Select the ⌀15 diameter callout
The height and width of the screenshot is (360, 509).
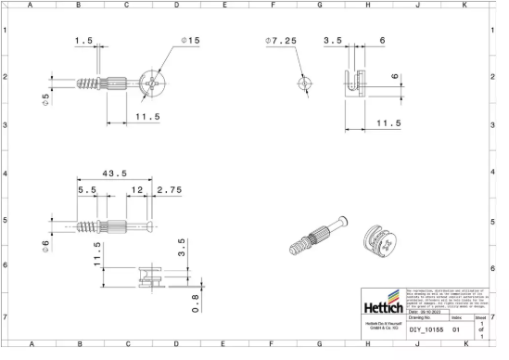pos(191,41)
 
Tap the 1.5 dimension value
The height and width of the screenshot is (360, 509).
pos(84,41)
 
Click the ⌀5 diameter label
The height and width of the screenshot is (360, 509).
pos(45,97)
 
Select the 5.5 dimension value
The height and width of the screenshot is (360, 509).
pos(87,191)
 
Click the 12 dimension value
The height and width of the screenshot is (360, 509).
pos(136,191)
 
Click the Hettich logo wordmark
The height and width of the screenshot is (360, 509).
pos(380,306)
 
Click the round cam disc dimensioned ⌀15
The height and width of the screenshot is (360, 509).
pos(150,83)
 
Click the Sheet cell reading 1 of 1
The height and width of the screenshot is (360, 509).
pos(480,328)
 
